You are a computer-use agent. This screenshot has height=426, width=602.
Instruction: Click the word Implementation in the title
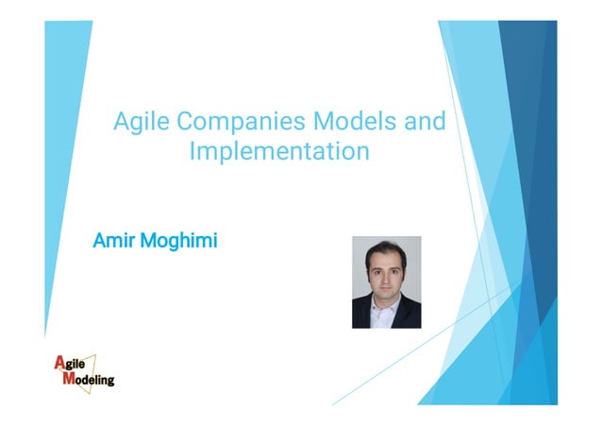pyautogui.click(x=279, y=151)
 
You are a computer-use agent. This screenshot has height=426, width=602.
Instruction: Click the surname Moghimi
pyautogui.click(x=178, y=242)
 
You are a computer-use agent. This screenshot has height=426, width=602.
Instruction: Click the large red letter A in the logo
pyautogui.click(x=59, y=363)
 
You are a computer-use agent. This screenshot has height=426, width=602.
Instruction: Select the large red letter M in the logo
pyautogui.click(x=68, y=380)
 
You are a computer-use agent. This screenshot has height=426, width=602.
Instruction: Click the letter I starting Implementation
pyautogui.click(x=193, y=151)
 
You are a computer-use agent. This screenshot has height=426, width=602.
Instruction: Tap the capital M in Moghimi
pyautogui.click(x=148, y=241)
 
